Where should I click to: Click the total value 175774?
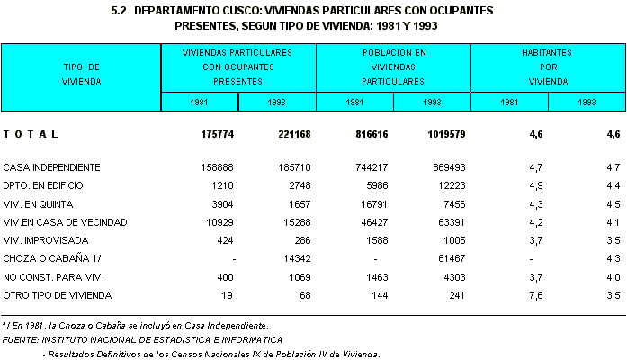point(219,134)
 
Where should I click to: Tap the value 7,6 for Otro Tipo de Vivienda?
point(535,294)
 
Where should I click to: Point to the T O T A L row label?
point(31,134)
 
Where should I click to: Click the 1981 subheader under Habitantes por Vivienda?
point(510,102)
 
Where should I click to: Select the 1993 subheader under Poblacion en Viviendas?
point(433,102)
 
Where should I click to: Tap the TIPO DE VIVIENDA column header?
point(82,74)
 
